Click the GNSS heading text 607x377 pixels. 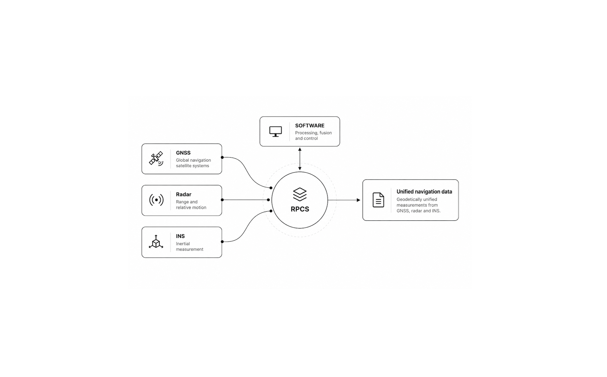(x=183, y=153)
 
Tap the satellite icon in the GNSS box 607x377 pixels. (x=156, y=158)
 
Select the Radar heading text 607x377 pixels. (x=183, y=194)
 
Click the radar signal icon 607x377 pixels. (x=156, y=200)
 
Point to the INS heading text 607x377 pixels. (x=180, y=236)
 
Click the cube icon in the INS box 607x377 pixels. (x=156, y=242)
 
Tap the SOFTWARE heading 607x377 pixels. (x=310, y=126)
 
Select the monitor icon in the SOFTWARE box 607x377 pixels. (x=276, y=132)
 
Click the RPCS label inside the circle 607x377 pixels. (x=300, y=209)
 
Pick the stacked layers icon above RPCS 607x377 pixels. (x=300, y=194)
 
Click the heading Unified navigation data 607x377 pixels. (x=424, y=192)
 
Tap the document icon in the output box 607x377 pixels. (x=378, y=200)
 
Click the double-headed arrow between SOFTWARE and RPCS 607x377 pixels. (x=300, y=159)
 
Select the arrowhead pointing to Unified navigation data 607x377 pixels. (x=359, y=200)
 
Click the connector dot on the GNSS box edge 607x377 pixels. (x=222, y=157)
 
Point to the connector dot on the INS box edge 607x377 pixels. (x=222, y=242)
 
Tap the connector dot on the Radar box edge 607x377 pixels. (x=222, y=200)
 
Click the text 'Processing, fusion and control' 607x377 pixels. (x=314, y=136)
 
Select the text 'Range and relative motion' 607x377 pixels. (x=191, y=205)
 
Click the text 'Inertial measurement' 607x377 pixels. (x=189, y=247)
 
